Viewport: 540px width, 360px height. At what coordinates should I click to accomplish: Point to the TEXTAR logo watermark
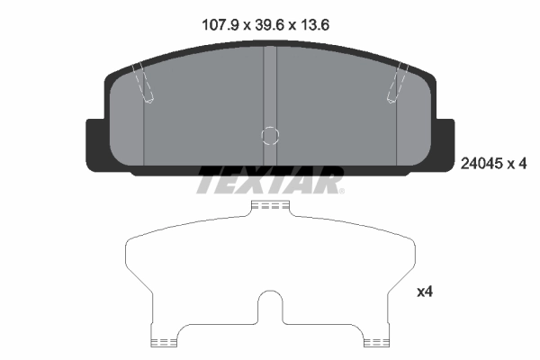270,180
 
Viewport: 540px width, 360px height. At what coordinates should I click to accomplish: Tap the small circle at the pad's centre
270,135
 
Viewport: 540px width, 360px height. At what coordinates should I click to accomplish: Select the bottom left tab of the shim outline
163,340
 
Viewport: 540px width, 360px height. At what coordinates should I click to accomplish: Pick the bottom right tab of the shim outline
377,340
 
